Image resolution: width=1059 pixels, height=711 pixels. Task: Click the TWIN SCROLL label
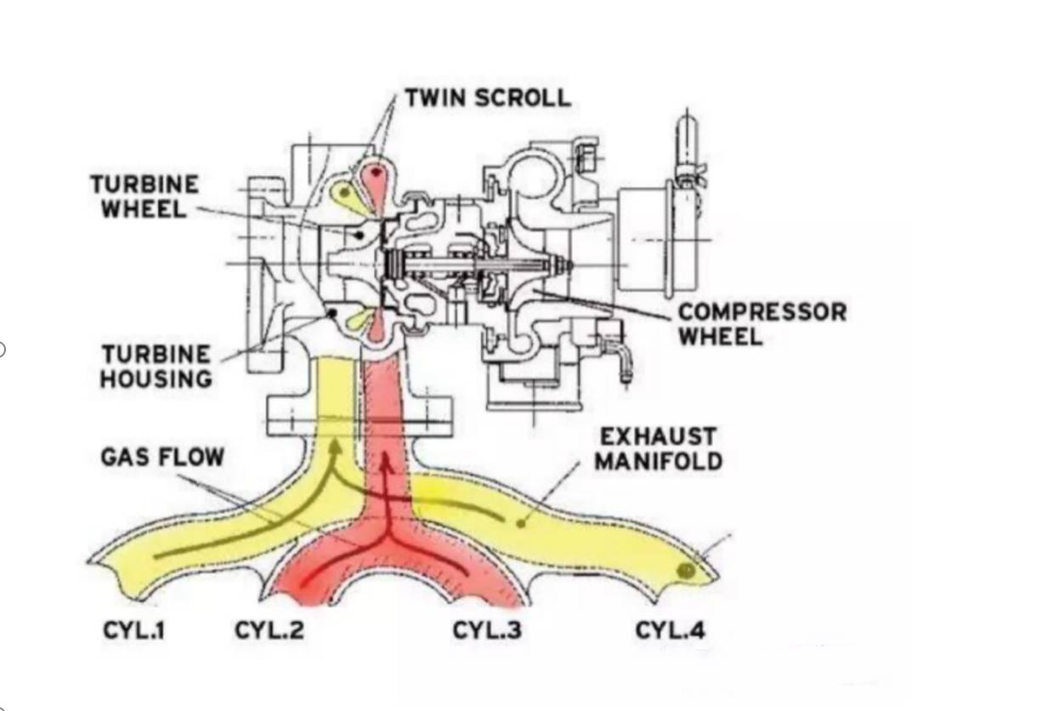click(487, 97)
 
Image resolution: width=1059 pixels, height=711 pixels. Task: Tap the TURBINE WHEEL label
click(144, 196)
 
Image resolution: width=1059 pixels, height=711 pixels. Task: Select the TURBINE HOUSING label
click(156, 366)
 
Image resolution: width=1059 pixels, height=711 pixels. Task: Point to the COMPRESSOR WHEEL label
click(762, 323)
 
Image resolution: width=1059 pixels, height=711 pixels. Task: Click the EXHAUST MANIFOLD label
click(658, 449)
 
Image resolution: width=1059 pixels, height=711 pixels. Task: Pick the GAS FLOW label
click(162, 457)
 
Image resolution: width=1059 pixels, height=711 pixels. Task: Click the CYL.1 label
click(133, 630)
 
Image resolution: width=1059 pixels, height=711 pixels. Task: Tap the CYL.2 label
click(269, 630)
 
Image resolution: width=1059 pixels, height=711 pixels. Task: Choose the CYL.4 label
click(670, 630)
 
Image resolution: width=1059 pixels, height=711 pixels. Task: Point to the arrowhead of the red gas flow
click(387, 461)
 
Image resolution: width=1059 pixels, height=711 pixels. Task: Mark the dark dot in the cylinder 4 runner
click(686, 571)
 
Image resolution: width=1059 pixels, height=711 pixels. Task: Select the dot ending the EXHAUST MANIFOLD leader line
click(520, 520)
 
